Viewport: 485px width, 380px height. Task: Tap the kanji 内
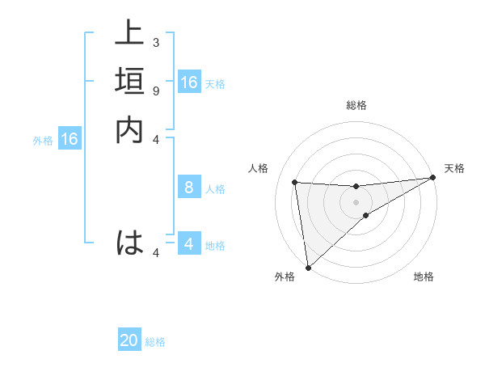tap(129, 130)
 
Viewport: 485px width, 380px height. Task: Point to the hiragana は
tap(129, 243)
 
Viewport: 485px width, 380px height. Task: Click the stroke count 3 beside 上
tap(155, 42)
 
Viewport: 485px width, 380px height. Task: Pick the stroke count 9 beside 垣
tap(155, 91)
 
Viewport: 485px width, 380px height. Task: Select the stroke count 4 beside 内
tap(155, 139)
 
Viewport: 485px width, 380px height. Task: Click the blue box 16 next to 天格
tap(189, 82)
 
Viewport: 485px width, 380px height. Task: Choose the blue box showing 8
tap(189, 188)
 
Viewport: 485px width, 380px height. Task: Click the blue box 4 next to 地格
tap(189, 244)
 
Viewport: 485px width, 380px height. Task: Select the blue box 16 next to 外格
tap(70, 140)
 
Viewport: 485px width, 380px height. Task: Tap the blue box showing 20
tap(129, 340)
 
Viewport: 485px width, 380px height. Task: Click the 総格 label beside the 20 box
tap(155, 342)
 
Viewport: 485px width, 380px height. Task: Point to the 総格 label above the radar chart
tap(356, 105)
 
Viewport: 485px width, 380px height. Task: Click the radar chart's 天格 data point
tap(432, 178)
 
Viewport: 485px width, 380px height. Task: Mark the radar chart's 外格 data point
tap(307, 266)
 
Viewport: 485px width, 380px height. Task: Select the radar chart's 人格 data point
tap(295, 182)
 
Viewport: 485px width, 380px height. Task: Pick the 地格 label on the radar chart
tap(424, 277)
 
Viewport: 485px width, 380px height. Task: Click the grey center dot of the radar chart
tap(356, 202)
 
